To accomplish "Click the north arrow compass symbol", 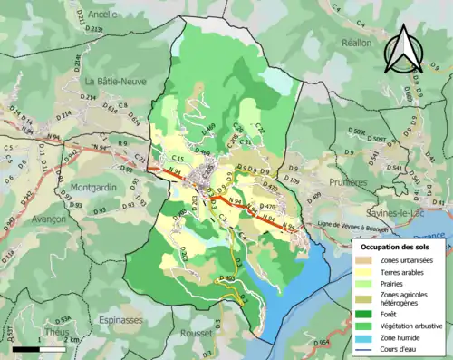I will [x=402, y=51].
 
